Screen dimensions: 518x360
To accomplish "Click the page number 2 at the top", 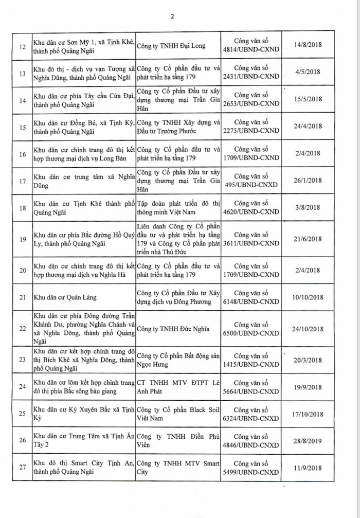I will click(173, 16).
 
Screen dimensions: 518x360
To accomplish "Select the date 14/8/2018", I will click(305, 45).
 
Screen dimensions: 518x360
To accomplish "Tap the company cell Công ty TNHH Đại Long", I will click(169, 45).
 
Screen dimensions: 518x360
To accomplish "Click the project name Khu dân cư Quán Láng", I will click(65, 297).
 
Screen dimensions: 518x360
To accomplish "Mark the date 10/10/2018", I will click(305, 297).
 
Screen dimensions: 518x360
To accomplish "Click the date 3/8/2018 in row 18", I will click(305, 207).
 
